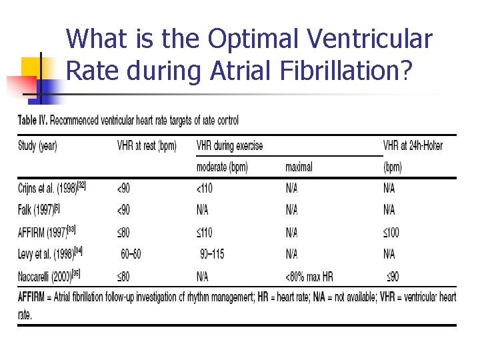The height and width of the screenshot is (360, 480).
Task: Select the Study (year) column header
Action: click(37, 146)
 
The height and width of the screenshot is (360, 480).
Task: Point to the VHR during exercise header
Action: click(230, 146)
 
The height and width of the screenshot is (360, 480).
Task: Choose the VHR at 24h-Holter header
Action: click(412, 146)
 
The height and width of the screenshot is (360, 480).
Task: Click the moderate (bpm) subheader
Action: click(231, 167)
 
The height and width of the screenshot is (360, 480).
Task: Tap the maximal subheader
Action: click(299, 167)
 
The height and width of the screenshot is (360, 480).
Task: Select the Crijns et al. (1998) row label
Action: click(51, 188)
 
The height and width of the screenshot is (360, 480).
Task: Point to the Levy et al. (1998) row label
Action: click(49, 254)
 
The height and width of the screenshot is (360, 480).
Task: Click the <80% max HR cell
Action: click(313, 276)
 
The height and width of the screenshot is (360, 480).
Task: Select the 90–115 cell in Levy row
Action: click(213, 254)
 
